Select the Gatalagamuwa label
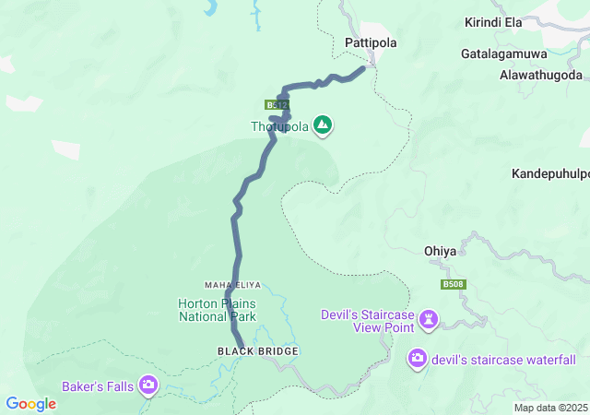pyautogui.click(x=509, y=53)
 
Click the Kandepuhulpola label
pyautogui.click(x=550, y=173)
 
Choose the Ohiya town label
pyautogui.click(x=441, y=250)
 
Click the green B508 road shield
pyautogui.click(x=452, y=285)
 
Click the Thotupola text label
pyautogui.click(x=279, y=126)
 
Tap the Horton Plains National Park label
pyautogui.click(x=217, y=310)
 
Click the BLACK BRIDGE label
pyautogui.click(x=247, y=351)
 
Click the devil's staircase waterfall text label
pyautogui.click(x=503, y=360)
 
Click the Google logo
pyautogui.click(x=31, y=404)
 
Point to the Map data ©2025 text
pyautogui.click(x=549, y=408)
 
